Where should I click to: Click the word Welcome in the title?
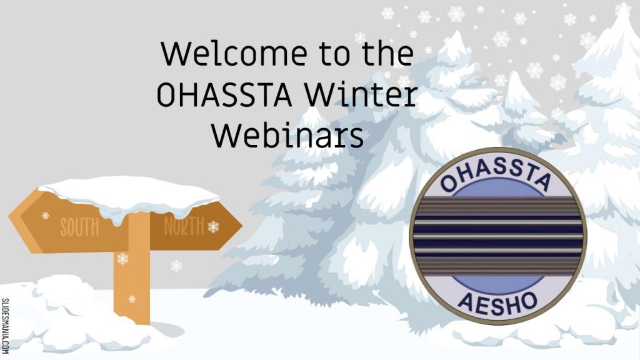tap(234, 54)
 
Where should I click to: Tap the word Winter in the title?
tap(361, 95)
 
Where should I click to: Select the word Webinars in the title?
tap(287, 135)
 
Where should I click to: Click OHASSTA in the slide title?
tap(224, 95)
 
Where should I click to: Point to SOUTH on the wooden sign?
tap(79, 227)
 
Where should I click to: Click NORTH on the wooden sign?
tap(184, 226)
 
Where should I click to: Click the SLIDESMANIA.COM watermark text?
tap(5, 326)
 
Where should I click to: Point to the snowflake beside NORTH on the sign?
tap(213, 227)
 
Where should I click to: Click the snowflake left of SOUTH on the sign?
tap(46, 216)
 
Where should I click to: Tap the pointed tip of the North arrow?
tap(242, 225)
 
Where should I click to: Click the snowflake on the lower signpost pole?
tap(132, 299)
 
